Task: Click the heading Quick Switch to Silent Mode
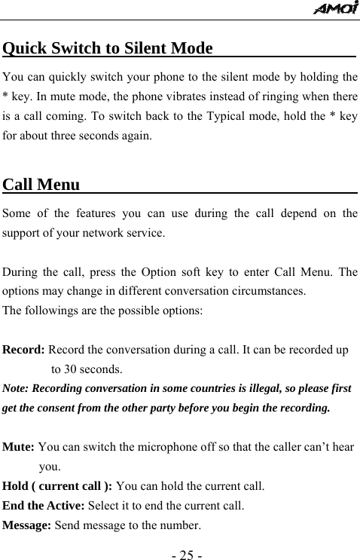tap(108, 49)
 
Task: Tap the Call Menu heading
tap(41, 185)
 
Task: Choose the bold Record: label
tap(25, 350)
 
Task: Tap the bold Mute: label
tap(19, 448)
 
